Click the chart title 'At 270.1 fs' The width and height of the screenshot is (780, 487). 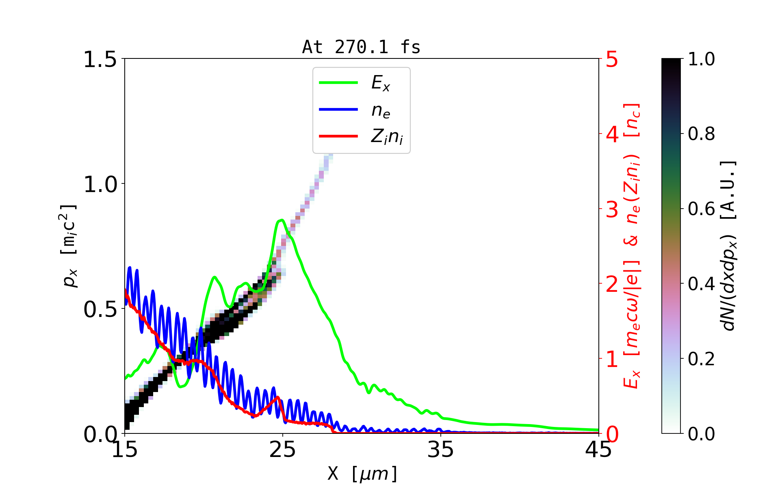361,47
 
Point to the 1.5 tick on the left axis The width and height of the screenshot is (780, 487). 100,59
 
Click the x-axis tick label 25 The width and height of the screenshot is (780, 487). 283,450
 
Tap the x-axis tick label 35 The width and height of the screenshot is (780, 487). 441,450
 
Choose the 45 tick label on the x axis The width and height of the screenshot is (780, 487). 598,450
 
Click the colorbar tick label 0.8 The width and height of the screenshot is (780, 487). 701,134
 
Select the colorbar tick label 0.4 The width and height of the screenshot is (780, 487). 701,284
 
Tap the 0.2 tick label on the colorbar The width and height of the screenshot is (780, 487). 701,359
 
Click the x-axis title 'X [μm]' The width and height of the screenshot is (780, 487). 362,473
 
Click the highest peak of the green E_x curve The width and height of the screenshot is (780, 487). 281,220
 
